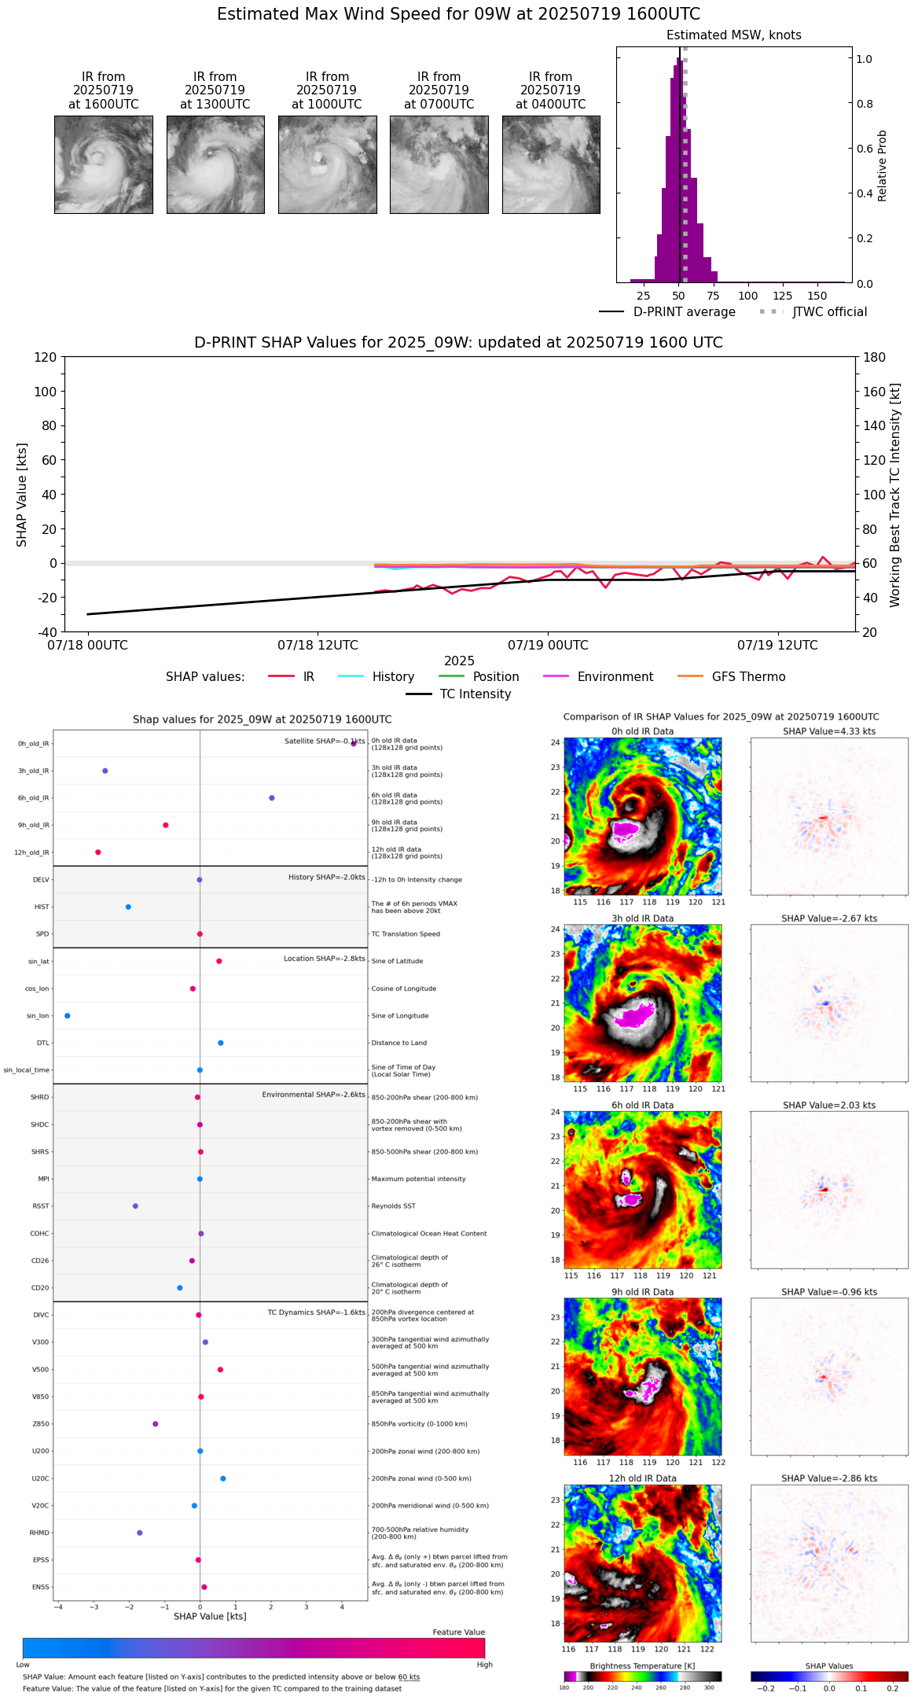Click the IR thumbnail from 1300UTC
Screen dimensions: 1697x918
[215, 164]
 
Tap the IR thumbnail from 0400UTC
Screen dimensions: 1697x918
[551, 164]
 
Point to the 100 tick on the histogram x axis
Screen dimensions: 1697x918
[748, 296]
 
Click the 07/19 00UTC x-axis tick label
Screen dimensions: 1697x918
[548, 646]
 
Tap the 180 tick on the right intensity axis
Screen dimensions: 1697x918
[875, 358]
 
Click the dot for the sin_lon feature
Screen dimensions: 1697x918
[68, 1016]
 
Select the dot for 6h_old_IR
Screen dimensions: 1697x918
[272, 798]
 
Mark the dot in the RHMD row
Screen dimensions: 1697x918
[140, 1533]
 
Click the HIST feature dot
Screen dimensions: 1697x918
[128, 907]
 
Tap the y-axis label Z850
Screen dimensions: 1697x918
[40, 1424]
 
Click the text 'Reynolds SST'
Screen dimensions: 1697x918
[394, 1206]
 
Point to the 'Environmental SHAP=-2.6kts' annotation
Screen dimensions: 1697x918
[314, 1095]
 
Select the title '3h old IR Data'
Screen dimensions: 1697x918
[642, 918]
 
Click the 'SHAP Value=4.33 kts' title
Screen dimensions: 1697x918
[829, 731]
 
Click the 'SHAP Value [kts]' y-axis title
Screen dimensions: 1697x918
[22, 495]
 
